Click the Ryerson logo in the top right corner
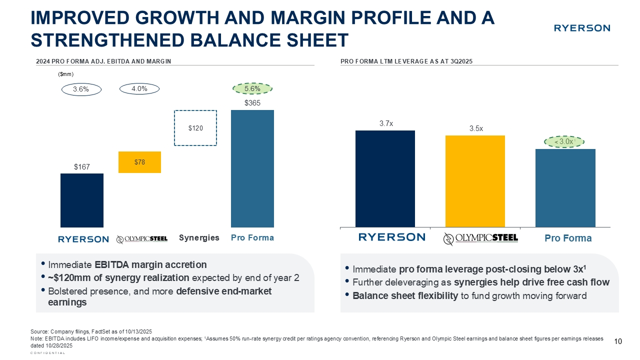click(581, 28)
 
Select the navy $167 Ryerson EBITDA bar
click(82, 200)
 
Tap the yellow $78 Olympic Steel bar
click(139, 162)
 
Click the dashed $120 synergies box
click(195, 128)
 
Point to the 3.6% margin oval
click(81, 89)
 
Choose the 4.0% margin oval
click(139, 88)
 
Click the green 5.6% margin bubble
click(252, 88)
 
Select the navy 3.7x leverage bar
click(385, 178)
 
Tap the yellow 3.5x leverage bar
click(475, 180)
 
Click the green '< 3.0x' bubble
click(564, 142)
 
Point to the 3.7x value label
click(385, 123)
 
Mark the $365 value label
click(252, 103)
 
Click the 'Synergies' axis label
click(199, 238)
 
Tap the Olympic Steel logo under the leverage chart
click(480, 238)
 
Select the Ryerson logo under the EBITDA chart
click(83, 239)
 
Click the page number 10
click(617, 341)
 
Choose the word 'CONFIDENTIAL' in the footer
click(48, 353)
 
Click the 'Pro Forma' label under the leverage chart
click(568, 238)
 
